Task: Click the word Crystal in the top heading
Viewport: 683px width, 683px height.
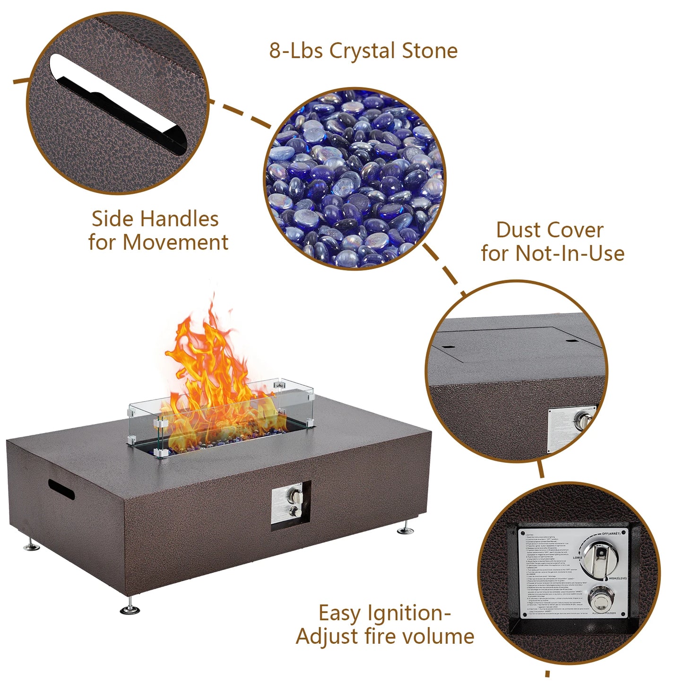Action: pos(363,51)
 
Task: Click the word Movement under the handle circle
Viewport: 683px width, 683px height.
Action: pos(175,242)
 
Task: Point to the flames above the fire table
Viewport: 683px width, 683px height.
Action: pos(213,373)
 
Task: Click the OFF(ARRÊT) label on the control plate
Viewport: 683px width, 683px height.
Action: pos(614,534)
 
